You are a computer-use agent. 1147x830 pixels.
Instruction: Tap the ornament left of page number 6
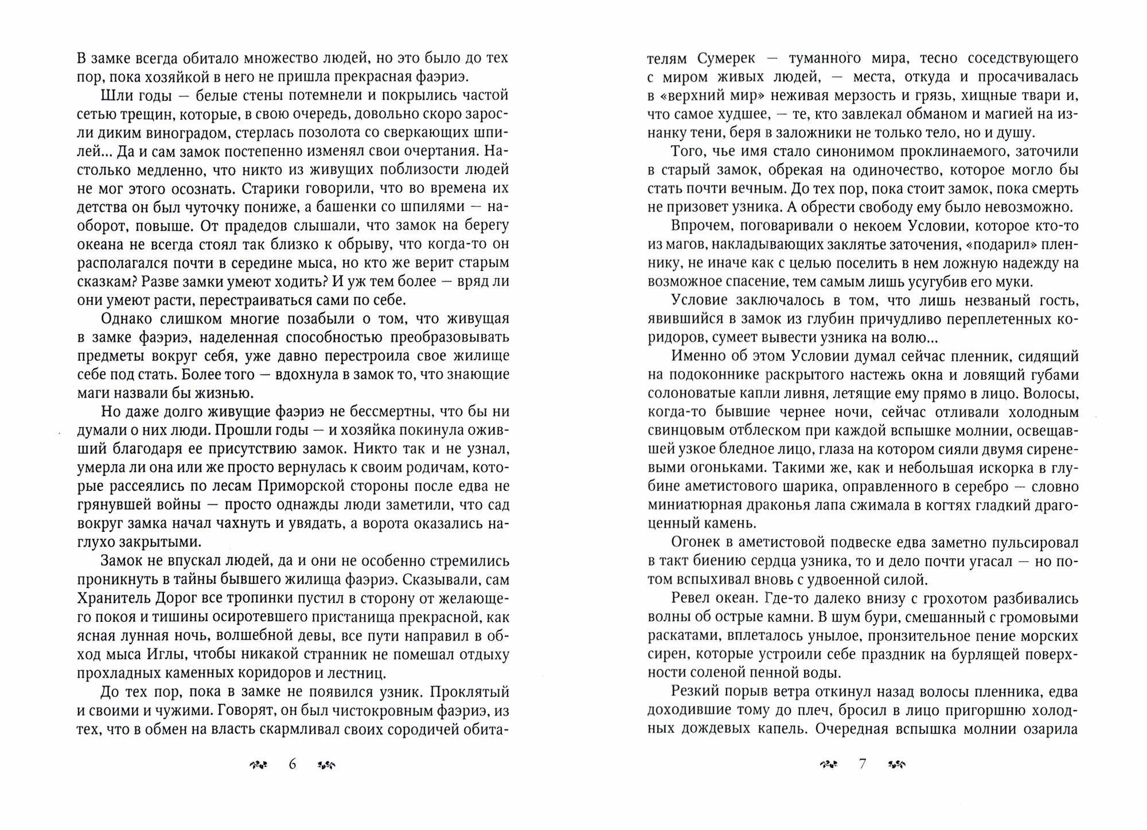pos(259,765)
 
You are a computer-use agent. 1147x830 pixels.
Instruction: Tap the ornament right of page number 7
pos(896,765)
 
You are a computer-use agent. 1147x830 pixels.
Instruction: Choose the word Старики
pos(273,189)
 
